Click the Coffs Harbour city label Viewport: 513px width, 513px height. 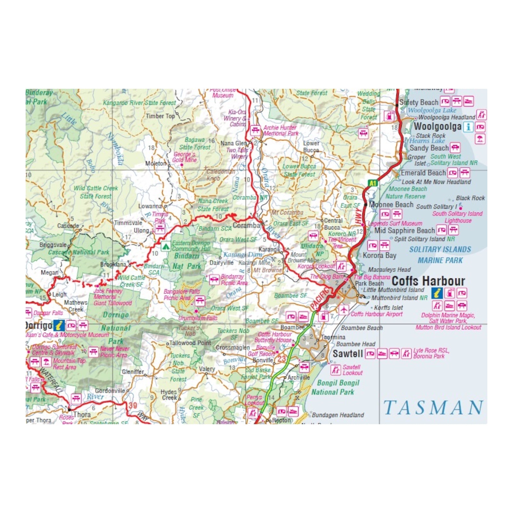(x=428, y=281)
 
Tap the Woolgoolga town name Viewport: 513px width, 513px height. (x=437, y=126)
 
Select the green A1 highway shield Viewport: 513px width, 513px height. (x=372, y=183)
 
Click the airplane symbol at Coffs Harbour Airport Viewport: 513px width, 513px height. (x=343, y=310)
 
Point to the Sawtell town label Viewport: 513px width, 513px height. (x=348, y=354)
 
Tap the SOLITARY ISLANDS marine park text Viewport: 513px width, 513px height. (x=440, y=249)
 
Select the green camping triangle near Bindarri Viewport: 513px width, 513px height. (x=165, y=247)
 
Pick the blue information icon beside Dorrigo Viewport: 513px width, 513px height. (x=59, y=325)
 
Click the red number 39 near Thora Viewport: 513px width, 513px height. (x=133, y=405)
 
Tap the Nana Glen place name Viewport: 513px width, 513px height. (x=233, y=143)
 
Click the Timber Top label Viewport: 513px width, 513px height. (x=160, y=116)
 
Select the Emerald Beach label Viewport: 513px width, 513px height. (x=423, y=173)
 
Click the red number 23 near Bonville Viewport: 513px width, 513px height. (x=282, y=358)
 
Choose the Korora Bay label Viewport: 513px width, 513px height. (x=380, y=256)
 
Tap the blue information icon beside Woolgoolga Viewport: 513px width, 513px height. (x=468, y=127)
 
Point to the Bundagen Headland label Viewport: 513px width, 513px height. (x=338, y=415)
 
